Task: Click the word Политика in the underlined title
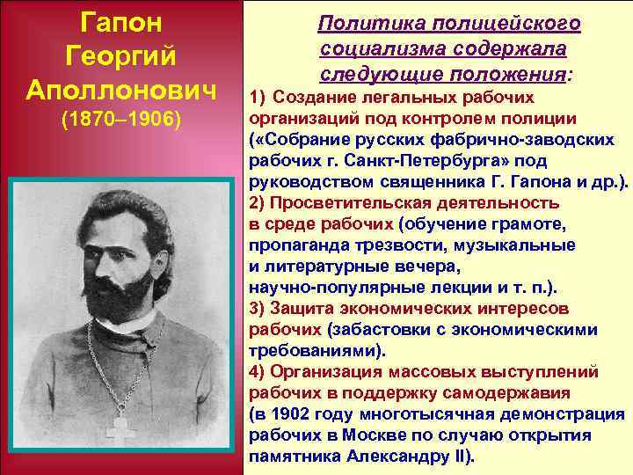[360, 21]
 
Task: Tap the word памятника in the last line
[294, 457]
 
